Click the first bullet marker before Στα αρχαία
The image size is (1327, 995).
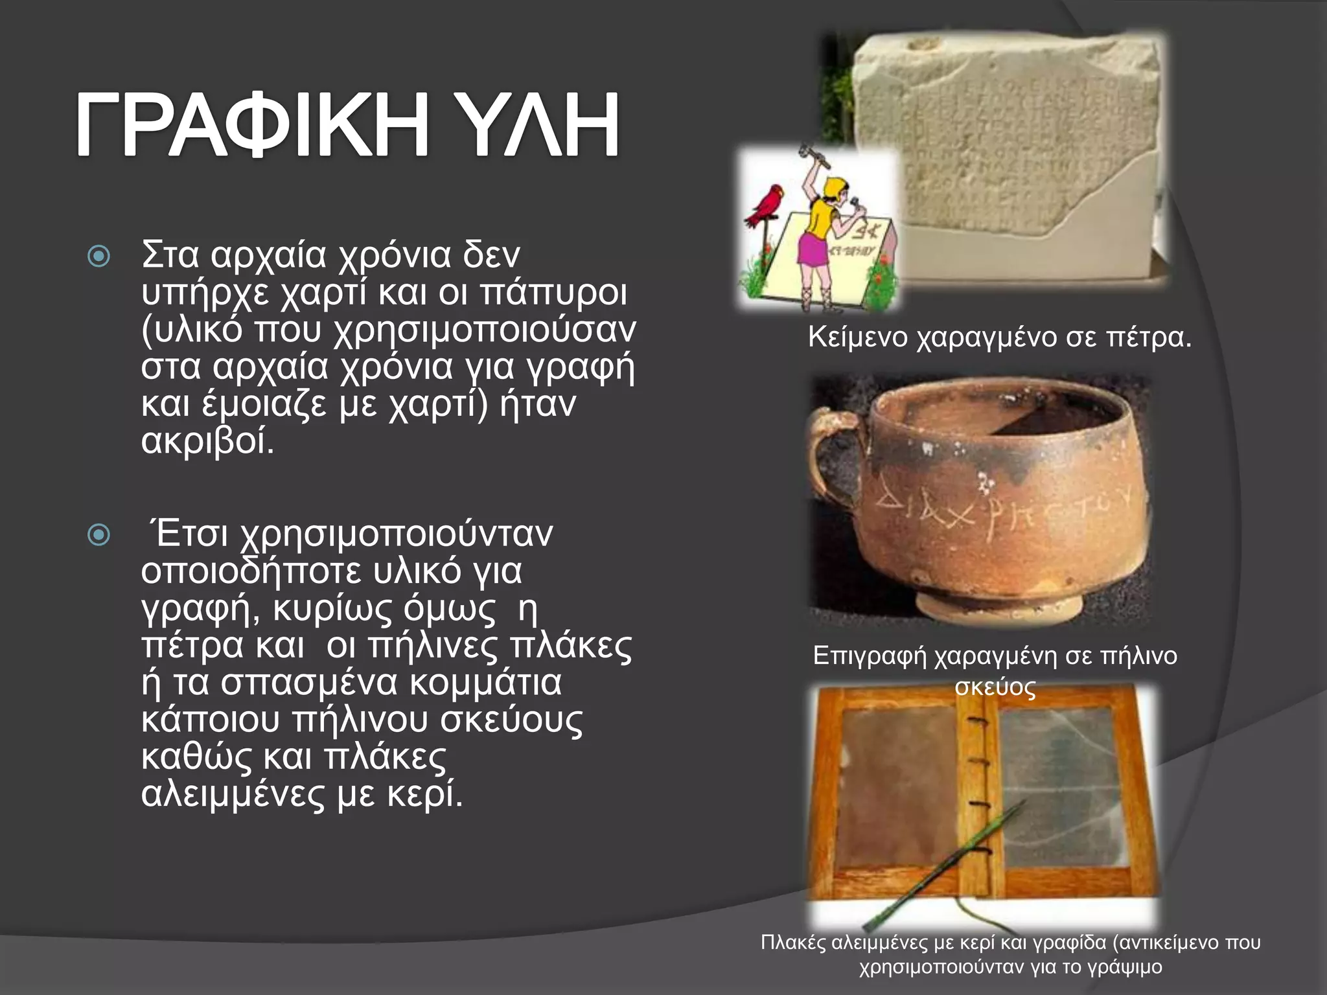coord(98,257)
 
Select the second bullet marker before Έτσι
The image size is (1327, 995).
coord(98,535)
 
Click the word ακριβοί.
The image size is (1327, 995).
coord(208,442)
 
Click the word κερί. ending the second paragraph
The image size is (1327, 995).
coord(425,794)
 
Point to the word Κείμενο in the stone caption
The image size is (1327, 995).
coord(858,337)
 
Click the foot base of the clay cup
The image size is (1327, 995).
coord(998,606)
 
